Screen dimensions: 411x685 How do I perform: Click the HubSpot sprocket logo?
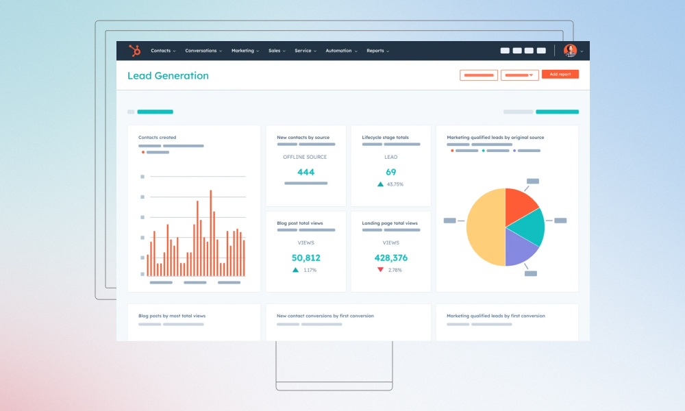pos(135,51)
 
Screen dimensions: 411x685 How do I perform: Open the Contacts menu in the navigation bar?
pos(163,51)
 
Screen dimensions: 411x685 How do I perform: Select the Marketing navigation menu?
pos(245,51)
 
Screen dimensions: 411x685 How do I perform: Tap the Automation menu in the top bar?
pos(340,51)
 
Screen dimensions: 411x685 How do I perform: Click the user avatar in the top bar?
pos(570,51)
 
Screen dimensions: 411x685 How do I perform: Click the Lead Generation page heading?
pos(168,76)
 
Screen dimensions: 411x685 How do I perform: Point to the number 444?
pos(306,172)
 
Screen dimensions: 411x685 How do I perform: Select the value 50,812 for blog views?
pos(306,258)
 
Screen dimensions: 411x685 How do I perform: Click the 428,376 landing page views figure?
pos(391,258)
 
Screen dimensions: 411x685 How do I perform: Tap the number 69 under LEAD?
pos(391,172)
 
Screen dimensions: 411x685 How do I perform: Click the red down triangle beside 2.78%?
pos(381,270)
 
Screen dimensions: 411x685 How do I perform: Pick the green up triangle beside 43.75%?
pos(380,184)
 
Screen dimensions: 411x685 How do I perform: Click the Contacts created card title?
pos(157,138)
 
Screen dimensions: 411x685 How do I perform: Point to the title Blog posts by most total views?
pos(172,316)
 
